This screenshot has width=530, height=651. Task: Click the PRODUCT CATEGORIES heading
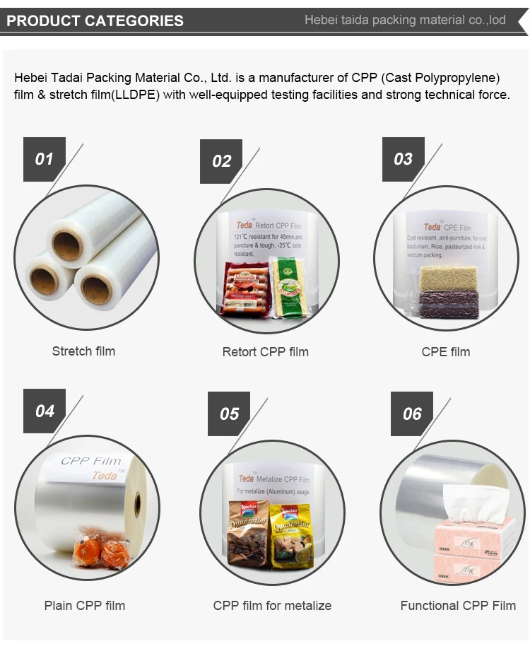pyautogui.click(x=95, y=20)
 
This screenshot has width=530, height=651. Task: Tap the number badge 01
pyautogui.click(x=44, y=158)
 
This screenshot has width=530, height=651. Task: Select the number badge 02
pyautogui.click(x=221, y=160)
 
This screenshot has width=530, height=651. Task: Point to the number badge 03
pyautogui.click(x=403, y=158)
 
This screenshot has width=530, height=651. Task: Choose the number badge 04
pyautogui.click(x=44, y=411)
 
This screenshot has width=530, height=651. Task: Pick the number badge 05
pyautogui.click(x=229, y=414)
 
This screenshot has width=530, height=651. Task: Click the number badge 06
pyautogui.click(x=412, y=414)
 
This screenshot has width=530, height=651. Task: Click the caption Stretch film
pyautogui.click(x=83, y=351)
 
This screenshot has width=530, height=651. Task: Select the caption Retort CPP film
pyautogui.click(x=265, y=351)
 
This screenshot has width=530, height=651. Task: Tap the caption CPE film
pyautogui.click(x=445, y=351)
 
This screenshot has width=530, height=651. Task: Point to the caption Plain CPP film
pyautogui.click(x=84, y=605)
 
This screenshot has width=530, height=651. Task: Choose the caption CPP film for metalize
pyautogui.click(x=272, y=605)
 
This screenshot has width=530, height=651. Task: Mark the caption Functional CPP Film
pyautogui.click(x=458, y=605)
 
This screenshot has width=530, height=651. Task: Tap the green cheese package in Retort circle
pyautogui.click(x=288, y=286)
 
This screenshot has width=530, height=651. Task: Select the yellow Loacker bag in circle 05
pyautogui.click(x=290, y=534)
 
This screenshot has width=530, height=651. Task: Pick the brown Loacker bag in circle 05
pyautogui.click(x=248, y=534)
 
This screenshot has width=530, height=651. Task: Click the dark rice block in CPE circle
pyautogui.click(x=449, y=305)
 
